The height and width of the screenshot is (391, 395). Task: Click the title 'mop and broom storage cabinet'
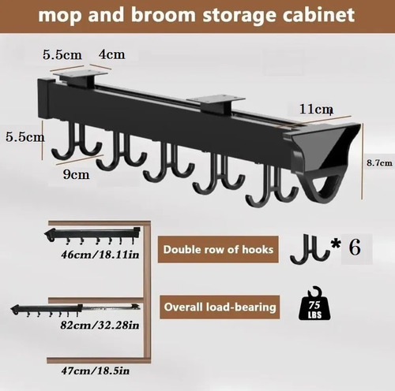pos(197,15)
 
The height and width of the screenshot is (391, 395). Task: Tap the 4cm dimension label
pos(111,54)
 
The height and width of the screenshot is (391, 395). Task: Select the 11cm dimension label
pos(316,109)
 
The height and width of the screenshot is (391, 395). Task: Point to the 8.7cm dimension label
pos(379,163)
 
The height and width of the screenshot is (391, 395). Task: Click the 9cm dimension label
pos(76,174)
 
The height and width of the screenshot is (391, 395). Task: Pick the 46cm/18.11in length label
pos(100,255)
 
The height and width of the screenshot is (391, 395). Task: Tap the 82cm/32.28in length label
pos(100,325)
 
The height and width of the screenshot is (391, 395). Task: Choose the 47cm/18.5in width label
pos(96,371)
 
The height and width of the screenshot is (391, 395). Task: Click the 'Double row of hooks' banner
pos(218,249)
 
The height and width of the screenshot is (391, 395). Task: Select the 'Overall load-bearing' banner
pos(220,307)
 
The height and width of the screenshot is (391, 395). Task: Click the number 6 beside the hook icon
pos(355,248)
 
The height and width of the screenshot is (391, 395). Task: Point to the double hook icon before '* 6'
pos(310,249)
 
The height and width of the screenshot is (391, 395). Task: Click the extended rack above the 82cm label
pos(76,310)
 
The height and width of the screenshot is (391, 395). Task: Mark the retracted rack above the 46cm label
pos(92,235)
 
